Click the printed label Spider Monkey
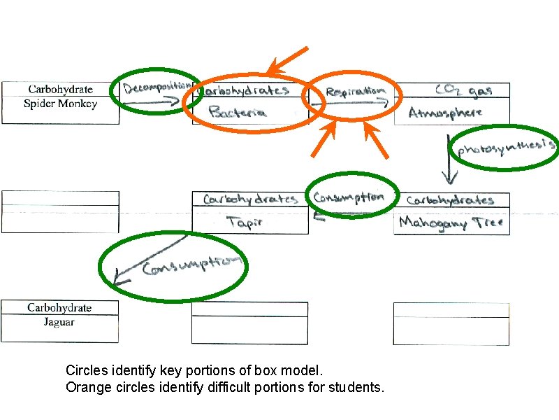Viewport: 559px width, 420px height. click(60, 104)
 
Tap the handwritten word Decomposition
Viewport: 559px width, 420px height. click(158, 87)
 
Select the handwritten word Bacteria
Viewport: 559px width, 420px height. click(238, 111)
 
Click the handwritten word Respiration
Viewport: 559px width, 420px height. click(355, 91)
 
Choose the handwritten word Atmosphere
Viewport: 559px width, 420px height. click(445, 112)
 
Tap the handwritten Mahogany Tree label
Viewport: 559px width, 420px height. click(451, 223)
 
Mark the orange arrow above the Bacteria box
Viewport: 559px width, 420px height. click(287, 61)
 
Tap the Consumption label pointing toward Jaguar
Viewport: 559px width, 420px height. click(191, 265)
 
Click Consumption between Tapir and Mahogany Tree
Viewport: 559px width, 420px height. click(349, 197)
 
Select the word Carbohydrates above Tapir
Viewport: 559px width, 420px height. click(250, 199)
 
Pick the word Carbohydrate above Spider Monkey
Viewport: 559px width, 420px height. click(60, 90)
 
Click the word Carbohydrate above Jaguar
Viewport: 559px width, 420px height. click(59, 308)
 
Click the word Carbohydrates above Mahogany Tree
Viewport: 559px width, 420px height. click(450, 200)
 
